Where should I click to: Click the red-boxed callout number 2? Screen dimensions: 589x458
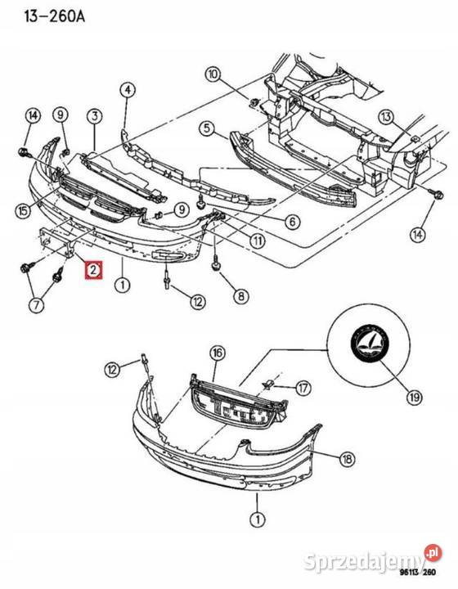pos(93,269)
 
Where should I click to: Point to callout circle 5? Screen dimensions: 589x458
pos(206,128)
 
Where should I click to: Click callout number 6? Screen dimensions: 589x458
pos(291,220)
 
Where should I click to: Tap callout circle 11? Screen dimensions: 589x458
pos(258,241)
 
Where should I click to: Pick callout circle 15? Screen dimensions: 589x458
pos(24,210)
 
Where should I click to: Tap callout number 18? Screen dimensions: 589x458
pos(348,460)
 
